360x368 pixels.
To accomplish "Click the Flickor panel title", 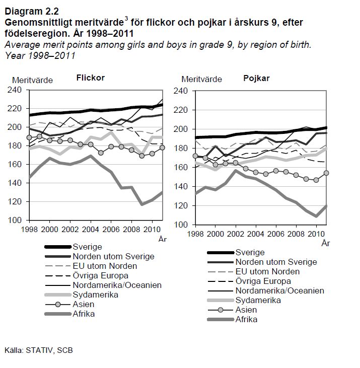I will (x=91, y=78).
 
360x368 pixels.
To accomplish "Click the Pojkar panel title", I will (x=256, y=79).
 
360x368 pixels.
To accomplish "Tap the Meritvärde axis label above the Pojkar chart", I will (x=201, y=79).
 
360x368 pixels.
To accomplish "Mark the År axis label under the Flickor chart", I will (x=162, y=239).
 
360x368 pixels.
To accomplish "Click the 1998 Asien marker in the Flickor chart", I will (x=30, y=137).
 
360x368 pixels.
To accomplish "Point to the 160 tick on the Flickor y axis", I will (x=20, y=165).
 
